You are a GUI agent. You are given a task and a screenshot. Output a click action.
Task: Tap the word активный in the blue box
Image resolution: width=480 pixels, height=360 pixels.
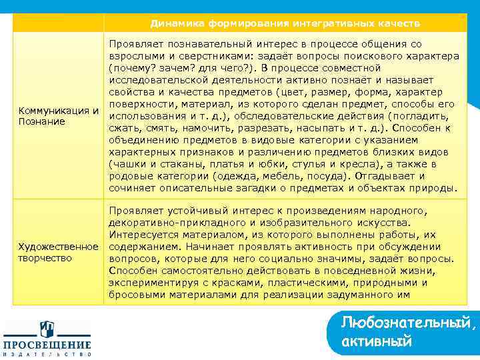(x=376, y=341)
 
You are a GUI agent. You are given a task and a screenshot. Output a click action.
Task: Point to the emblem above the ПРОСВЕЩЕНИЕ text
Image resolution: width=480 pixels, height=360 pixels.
(x=47, y=329)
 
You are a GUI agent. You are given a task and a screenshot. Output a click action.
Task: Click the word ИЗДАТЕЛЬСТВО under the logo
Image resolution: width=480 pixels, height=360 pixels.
(x=47, y=355)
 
